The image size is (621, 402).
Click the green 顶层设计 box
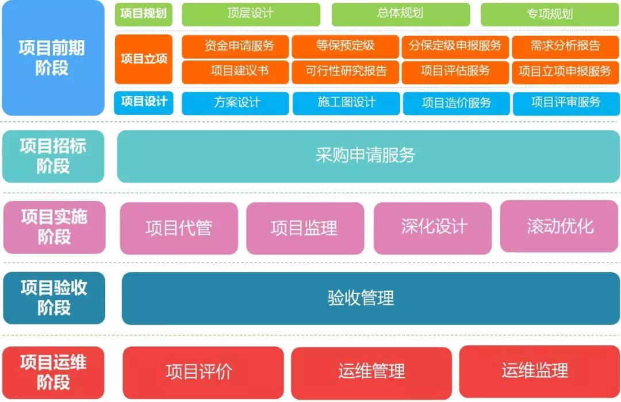click(x=251, y=14)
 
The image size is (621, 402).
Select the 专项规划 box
click(x=549, y=14)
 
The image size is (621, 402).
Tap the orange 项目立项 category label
click(x=143, y=59)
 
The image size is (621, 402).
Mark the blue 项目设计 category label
click(x=143, y=102)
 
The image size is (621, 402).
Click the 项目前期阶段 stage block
click(x=53, y=58)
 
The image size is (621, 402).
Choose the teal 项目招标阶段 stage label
click(x=53, y=156)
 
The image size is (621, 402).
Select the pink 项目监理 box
click(x=305, y=228)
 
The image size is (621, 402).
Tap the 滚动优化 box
click(x=559, y=226)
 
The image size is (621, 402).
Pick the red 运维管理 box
click(x=371, y=372)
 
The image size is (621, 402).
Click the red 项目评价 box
click(x=202, y=372)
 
